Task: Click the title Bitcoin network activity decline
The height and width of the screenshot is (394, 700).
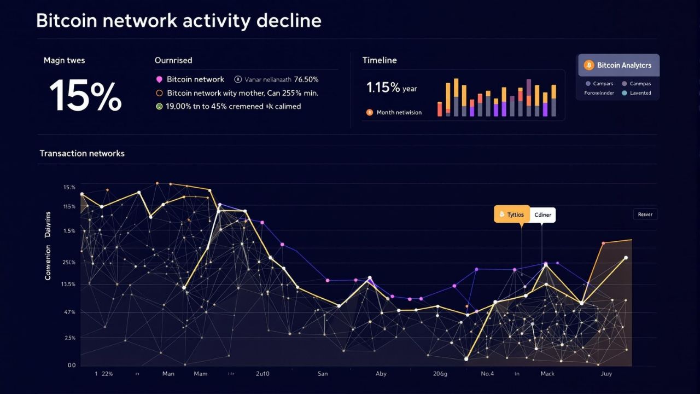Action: click(x=178, y=21)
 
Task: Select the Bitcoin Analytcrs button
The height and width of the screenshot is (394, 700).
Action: click(x=618, y=65)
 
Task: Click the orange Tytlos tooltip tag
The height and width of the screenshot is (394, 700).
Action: click(x=511, y=215)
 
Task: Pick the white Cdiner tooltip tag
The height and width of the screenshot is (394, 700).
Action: click(x=542, y=215)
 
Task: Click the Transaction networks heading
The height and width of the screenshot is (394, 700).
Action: click(x=82, y=153)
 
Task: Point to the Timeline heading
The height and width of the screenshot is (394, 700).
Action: click(x=380, y=60)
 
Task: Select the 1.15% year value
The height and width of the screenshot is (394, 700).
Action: click(x=391, y=88)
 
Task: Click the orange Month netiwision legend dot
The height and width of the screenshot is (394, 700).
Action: click(x=370, y=112)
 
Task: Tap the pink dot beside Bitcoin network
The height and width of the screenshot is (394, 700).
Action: click(x=159, y=79)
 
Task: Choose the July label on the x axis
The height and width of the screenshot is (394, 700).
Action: click(x=606, y=374)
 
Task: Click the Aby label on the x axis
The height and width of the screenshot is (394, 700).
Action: click(x=381, y=374)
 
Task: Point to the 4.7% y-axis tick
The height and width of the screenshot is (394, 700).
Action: click(x=69, y=312)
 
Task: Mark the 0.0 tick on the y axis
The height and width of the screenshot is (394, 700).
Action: click(x=71, y=365)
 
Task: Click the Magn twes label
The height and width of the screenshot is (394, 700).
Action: click(x=64, y=60)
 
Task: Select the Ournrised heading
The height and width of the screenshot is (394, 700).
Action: click(x=173, y=60)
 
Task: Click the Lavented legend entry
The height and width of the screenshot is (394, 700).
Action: click(x=640, y=93)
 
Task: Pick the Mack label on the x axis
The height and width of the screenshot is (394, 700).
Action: click(x=547, y=374)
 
